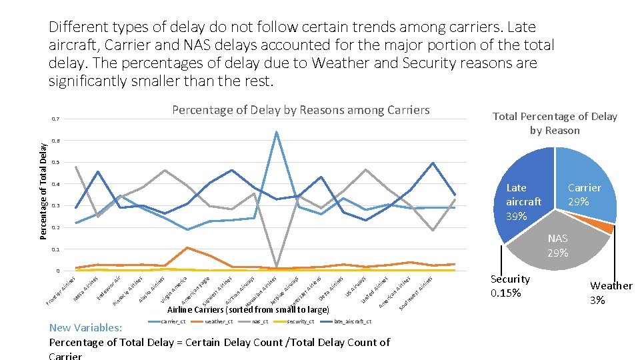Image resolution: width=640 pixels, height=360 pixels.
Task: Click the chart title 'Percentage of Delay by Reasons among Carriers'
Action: [301, 110]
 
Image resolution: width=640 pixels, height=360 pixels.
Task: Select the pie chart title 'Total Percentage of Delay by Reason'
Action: [555, 123]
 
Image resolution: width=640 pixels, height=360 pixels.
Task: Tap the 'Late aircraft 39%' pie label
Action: [523, 202]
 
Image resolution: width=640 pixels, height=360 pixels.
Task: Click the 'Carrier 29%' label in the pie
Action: [584, 194]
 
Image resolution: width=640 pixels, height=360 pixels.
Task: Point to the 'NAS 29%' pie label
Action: [557, 245]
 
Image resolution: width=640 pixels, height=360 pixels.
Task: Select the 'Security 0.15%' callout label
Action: [510, 286]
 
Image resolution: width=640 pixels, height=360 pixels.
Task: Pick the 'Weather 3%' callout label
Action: [611, 293]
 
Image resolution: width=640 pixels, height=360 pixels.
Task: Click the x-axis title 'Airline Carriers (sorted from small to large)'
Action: [248, 310]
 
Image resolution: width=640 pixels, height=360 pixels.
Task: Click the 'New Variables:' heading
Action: [85, 328]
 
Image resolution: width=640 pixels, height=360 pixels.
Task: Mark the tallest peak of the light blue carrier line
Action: [276, 132]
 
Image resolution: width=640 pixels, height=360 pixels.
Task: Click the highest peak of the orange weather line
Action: [187, 248]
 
